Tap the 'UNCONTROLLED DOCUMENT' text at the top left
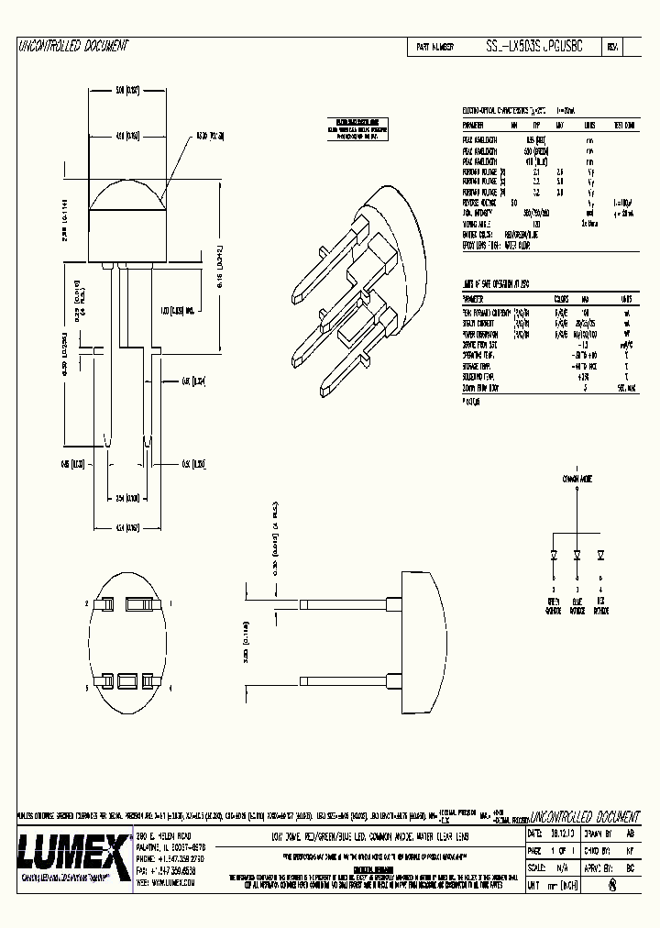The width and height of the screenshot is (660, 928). click(x=73, y=46)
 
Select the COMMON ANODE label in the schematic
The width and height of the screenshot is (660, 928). click(x=576, y=479)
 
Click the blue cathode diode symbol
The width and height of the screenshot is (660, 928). click(x=577, y=555)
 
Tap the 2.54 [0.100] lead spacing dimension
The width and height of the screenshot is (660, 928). click(x=127, y=498)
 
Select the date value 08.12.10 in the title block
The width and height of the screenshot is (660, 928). click(x=564, y=835)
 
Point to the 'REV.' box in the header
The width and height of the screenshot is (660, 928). click(x=612, y=46)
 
